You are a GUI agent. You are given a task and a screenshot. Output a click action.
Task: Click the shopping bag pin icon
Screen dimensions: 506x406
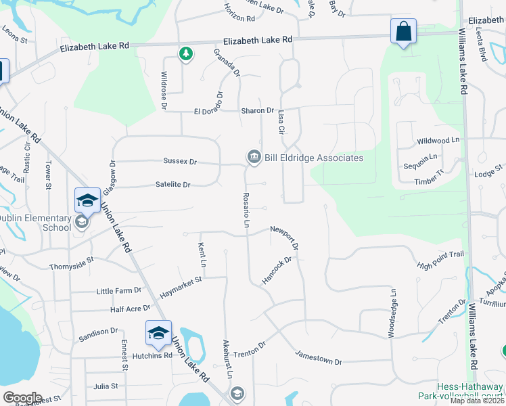pos(403,31)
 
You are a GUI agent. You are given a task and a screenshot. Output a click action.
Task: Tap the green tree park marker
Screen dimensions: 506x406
pos(185,53)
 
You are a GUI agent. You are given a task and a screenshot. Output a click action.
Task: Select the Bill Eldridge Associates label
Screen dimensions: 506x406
pos(313,158)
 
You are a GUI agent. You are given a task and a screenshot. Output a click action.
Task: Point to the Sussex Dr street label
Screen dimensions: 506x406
pos(179,162)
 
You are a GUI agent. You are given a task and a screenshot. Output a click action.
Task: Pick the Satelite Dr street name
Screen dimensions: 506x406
pos(172,184)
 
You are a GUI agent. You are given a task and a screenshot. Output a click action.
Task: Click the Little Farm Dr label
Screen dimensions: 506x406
pos(118,290)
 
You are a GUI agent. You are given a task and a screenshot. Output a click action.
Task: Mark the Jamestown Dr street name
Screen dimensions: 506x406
pos(319,357)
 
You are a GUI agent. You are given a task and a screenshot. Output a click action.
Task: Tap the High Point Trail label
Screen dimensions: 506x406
pos(440,259)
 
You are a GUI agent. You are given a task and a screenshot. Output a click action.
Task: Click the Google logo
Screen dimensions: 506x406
pos(22,398)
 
